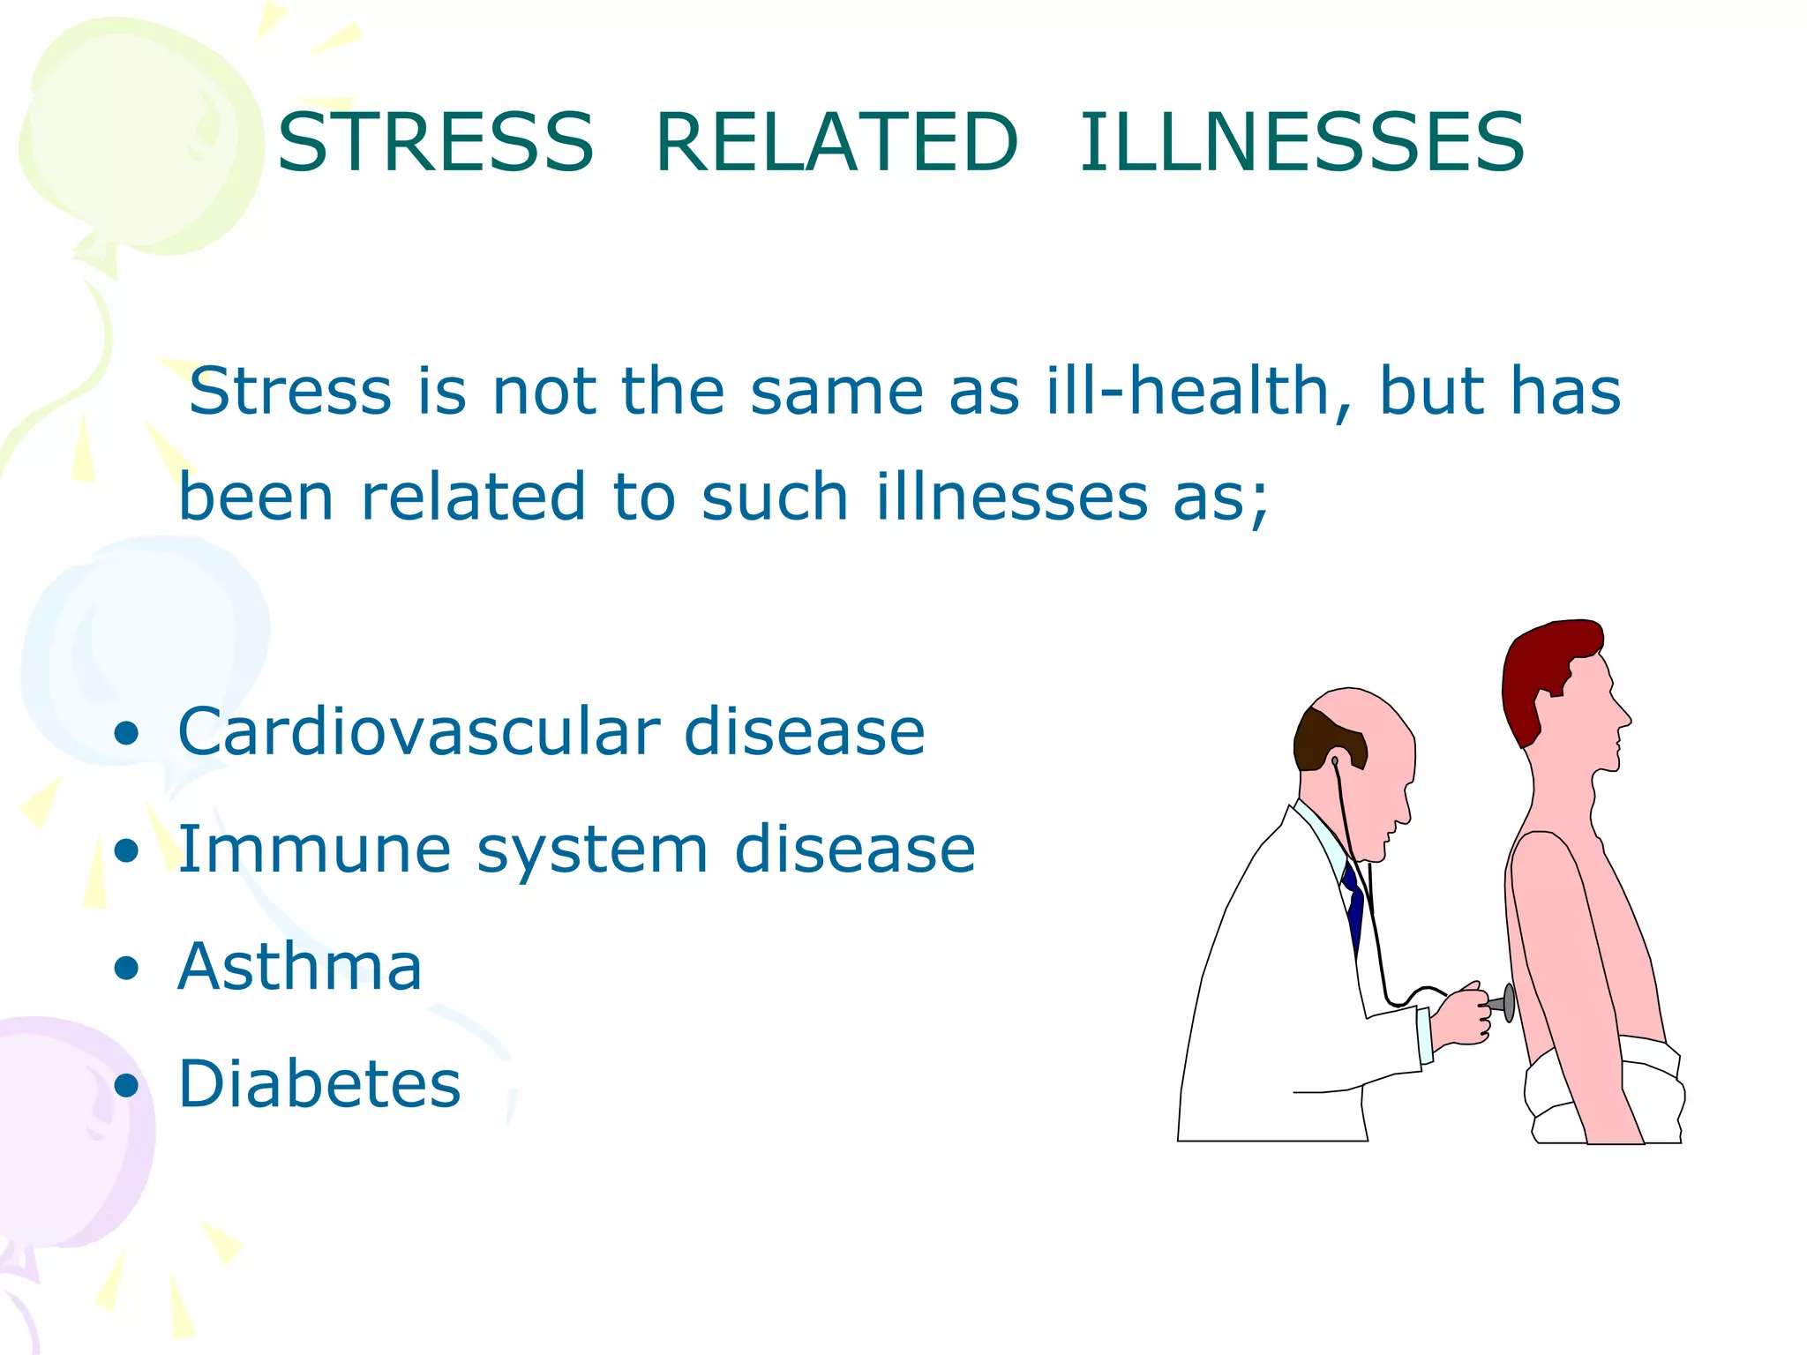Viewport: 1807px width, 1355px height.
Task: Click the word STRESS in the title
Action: [x=435, y=142]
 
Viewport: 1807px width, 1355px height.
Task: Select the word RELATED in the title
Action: [x=836, y=142]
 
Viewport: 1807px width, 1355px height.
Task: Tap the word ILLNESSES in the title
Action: [x=1301, y=142]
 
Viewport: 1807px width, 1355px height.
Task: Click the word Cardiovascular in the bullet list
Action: [x=418, y=731]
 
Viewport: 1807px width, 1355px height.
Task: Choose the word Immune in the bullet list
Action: [x=315, y=849]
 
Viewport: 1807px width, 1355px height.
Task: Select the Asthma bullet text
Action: [x=300, y=966]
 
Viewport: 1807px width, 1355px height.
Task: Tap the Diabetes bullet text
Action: [x=319, y=1083]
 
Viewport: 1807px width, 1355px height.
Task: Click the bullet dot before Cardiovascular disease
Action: [x=127, y=733]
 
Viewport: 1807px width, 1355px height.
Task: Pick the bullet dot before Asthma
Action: [x=127, y=968]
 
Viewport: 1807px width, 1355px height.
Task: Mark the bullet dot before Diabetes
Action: [x=127, y=1085]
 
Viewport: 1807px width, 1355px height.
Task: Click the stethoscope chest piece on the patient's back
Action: [x=1508, y=1003]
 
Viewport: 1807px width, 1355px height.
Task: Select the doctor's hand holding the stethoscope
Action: [x=1460, y=1014]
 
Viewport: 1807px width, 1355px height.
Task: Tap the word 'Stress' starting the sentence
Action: [x=290, y=391]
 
